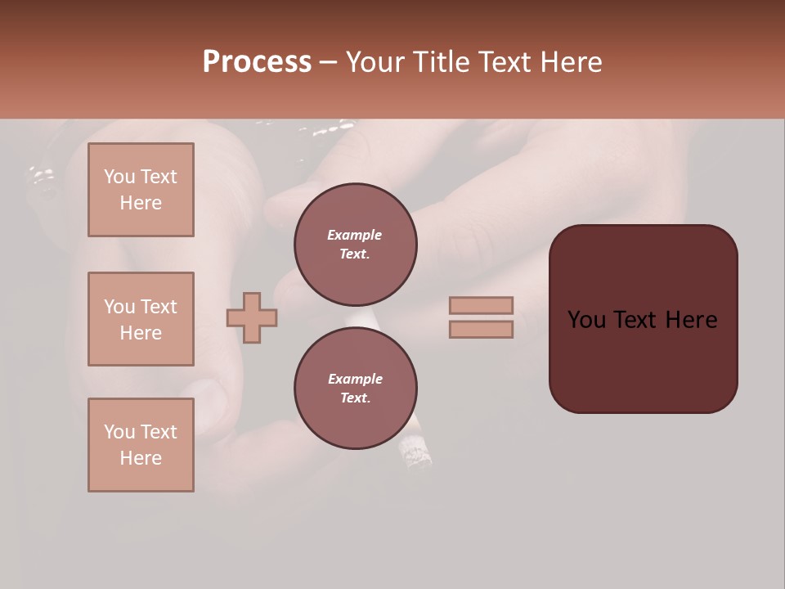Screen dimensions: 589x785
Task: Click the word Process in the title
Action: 257,62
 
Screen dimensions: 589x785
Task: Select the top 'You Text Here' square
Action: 141,190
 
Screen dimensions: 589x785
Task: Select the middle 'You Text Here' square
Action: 141,319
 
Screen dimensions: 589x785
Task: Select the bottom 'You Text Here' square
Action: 141,444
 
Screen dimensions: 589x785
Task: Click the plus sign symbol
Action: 252,317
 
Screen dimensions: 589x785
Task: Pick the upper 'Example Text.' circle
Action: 355,244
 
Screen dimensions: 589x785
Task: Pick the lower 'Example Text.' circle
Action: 355,388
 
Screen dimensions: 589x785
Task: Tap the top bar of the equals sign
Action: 481,305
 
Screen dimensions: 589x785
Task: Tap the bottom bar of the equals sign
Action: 481,329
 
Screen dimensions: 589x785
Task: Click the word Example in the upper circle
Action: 354,235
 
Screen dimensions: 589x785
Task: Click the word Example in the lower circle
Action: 355,379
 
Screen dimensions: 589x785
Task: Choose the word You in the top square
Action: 119,177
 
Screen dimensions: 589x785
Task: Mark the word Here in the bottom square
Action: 141,458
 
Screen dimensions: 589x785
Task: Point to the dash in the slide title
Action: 328,62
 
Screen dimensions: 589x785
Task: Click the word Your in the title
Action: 376,62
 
